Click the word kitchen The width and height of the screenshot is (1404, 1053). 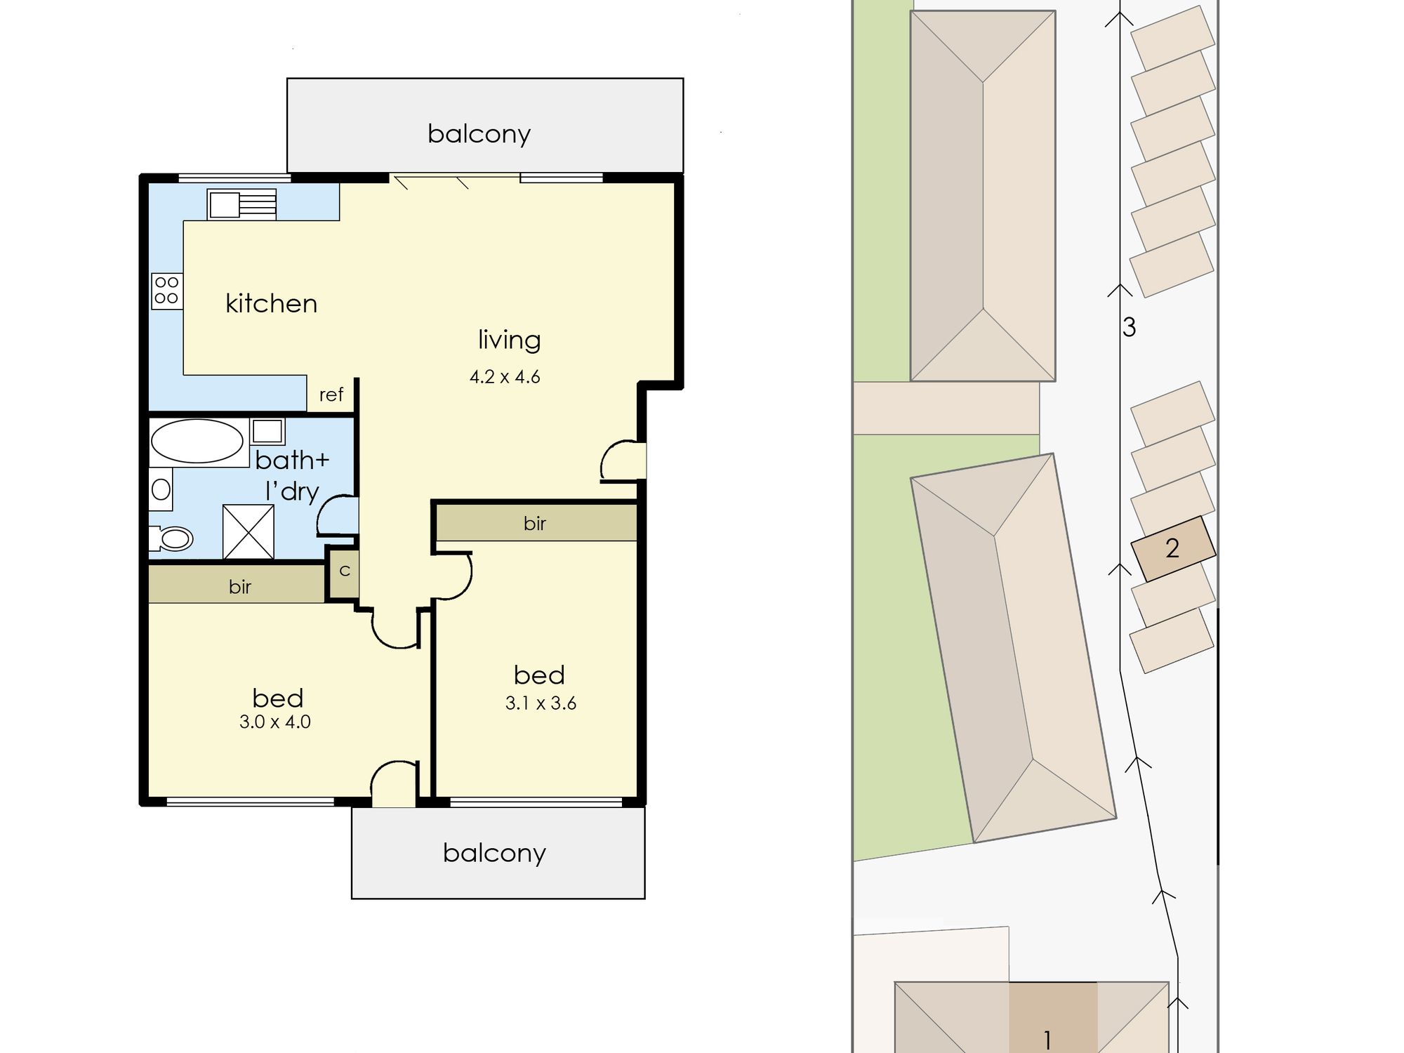(x=271, y=303)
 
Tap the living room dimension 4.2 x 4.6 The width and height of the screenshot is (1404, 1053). (x=505, y=377)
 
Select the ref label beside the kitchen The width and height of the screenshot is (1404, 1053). (x=331, y=395)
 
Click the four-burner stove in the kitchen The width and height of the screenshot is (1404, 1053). (x=167, y=291)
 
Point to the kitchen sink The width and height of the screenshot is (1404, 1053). (x=241, y=204)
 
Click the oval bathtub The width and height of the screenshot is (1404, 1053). (x=197, y=442)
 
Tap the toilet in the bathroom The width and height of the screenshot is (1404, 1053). (x=171, y=538)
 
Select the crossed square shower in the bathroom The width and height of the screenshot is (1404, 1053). (x=249, y=532)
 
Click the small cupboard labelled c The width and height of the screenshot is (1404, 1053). (x=344, y=572)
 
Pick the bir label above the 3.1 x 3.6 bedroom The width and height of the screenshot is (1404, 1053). (x=535, y=523)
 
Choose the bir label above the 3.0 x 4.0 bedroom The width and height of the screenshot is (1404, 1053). (x=240, y=587)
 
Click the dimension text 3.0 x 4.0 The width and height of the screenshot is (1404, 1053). (x=275, y=722)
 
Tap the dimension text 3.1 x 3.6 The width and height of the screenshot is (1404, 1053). (x=541, y=703)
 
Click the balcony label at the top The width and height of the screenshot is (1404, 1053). (x=479, y=133)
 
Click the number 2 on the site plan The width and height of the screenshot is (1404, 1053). (x=1172, y=548)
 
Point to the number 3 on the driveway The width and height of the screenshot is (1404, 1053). (x=1129, y=327)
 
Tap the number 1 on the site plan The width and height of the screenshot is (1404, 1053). (x=1047, y=1040)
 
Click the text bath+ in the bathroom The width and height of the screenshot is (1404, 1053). (x=292, y=460)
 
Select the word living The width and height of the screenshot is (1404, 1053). (x=510, y=340)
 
